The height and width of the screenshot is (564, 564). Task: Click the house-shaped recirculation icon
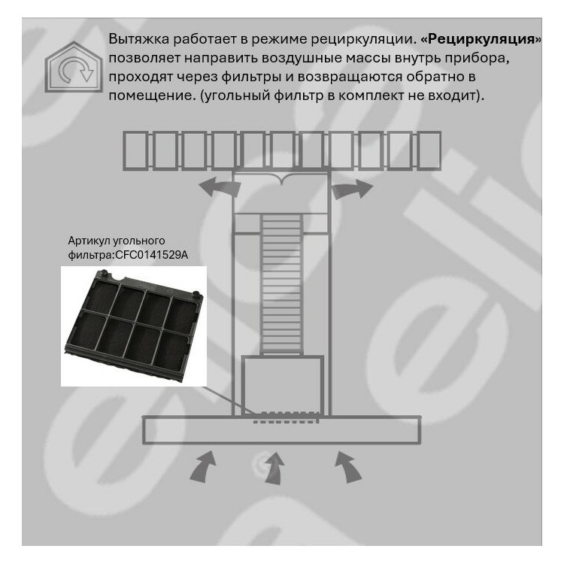click(74, 67)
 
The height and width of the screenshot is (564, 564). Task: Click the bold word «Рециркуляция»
click(481, 39)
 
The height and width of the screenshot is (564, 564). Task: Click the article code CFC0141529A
click(151, 255)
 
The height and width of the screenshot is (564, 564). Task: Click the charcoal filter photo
click(134, 326)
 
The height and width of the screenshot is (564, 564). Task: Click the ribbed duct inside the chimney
click(281, 284)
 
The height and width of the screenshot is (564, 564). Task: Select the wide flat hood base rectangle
click(282, 429)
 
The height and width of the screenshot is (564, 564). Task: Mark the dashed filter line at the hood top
click(286, 417)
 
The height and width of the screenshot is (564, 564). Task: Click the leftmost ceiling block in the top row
click(135, 150)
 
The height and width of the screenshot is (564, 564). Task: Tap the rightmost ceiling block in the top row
click(429, 150)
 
